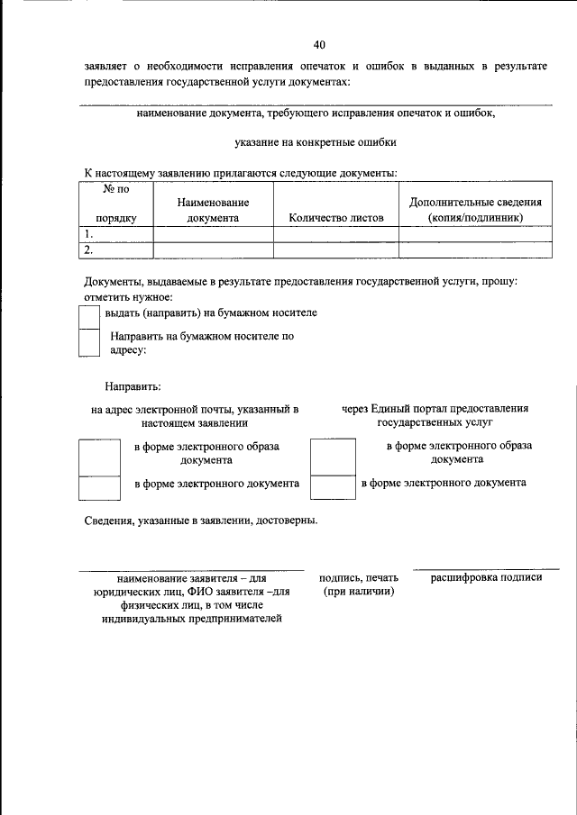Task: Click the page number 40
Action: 319,44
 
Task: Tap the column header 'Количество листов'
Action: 336,218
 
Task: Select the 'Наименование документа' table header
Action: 213,211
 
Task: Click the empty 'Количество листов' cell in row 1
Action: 336,234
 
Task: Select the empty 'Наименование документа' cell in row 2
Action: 213,250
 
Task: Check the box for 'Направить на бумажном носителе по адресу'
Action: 89,343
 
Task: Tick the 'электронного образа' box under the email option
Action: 99,457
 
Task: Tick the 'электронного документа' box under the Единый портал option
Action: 333,487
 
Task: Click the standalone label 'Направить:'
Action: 133,387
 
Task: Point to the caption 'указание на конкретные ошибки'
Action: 315,142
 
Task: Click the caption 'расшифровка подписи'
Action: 486,577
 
